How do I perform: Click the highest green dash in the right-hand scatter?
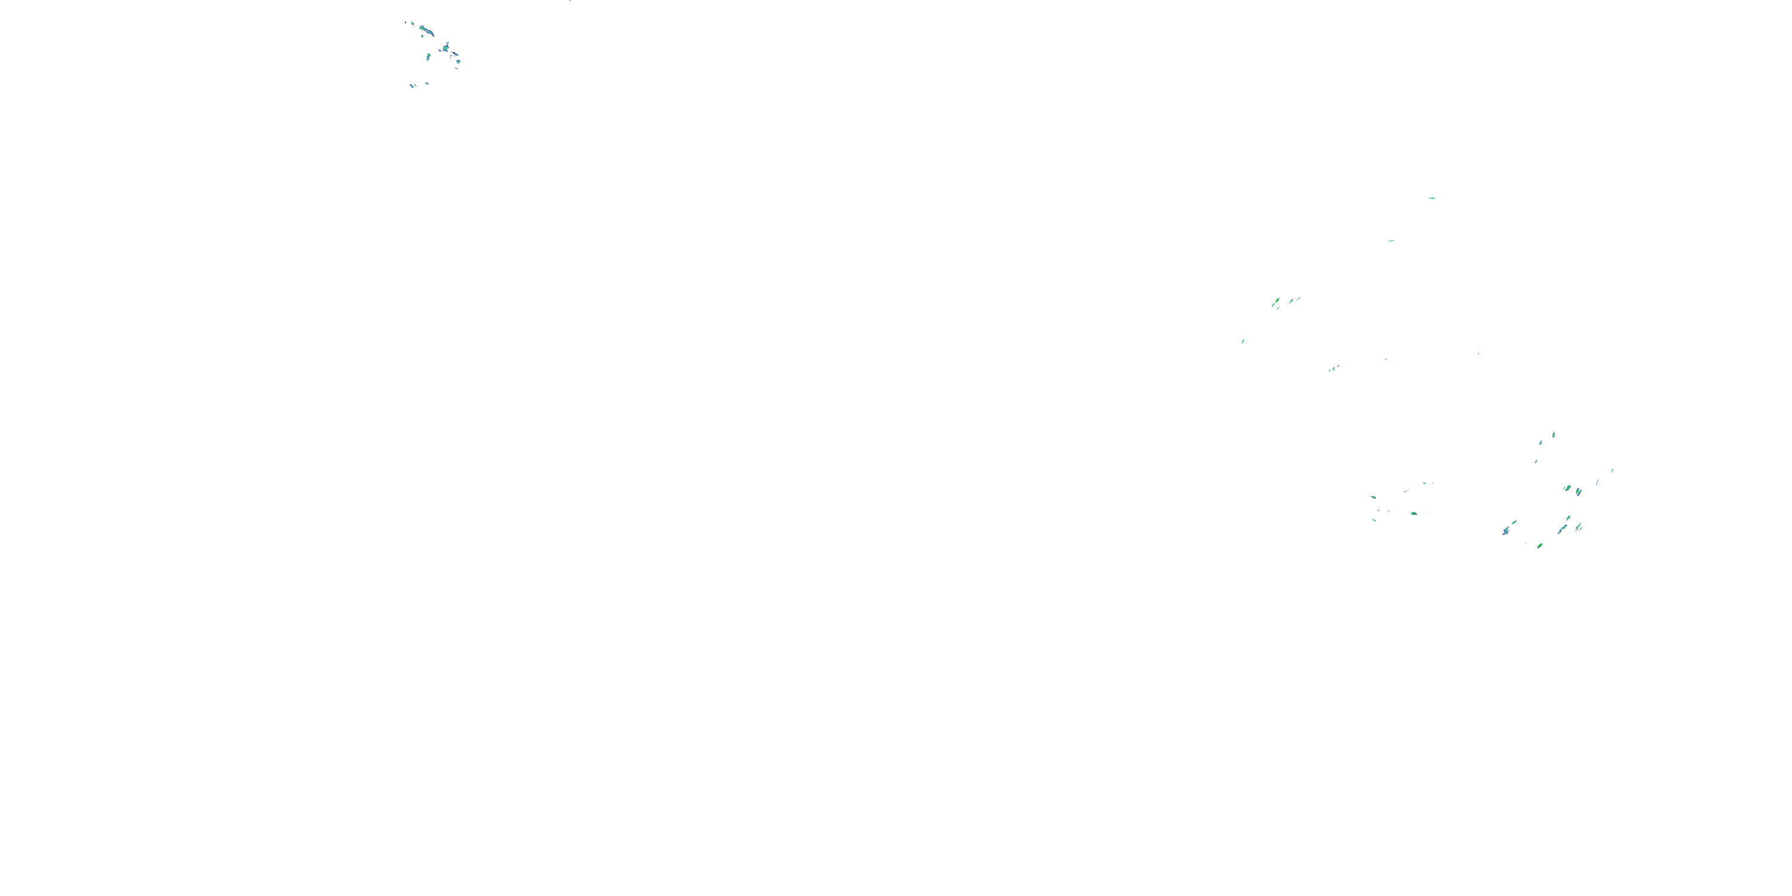pyautogui.click(x=1432, y=198)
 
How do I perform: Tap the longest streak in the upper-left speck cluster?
pyautogui.click(x=426, y=30)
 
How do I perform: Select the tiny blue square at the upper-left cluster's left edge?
pyautogui.click(x=406, y=22)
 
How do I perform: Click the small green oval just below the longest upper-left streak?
pyautogui.click(x=422, y=36)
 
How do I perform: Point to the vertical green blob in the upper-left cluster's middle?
pyautogui.click(x=428, y=56)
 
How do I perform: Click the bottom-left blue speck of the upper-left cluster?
pyautogui.click(x=412, y=85)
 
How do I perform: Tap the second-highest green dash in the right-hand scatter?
pyautogui.click(x=1391, y=241)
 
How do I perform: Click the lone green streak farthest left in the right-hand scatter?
pyautogui.click(x=1243, y=341)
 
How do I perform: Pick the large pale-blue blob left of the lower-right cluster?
pyautogui.click(x=1505, y=532)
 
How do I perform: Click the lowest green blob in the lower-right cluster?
pyautogui.click(x=1539, y=546)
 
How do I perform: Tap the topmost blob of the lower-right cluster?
pyautogui.click(x=1554, y=435)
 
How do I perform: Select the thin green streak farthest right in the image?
pyautogui.click(x=1613, y=470)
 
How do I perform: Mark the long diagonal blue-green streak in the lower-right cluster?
pyautogui.click(x=1563, y=529)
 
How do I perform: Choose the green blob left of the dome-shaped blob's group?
pyautogui.click(x=1373, y=498)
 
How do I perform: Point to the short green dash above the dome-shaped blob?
pyautogui.click(x=1425, y=483)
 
